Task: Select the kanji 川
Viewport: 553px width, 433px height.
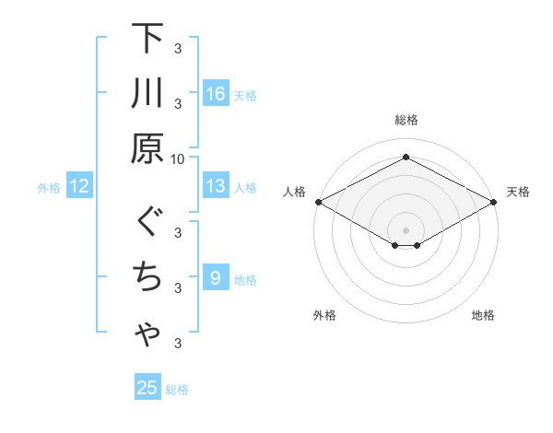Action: [x=147, y=93]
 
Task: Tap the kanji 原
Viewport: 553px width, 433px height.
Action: [x=147, y=147]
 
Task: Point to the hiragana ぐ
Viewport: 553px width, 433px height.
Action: [x=147, y=223]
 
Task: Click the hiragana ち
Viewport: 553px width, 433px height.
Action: [x=147, y=276]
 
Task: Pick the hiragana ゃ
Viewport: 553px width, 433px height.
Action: [x=147, y=335]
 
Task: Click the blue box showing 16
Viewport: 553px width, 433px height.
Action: [x=216, y=93]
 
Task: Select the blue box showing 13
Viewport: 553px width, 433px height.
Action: [x=216, y=187]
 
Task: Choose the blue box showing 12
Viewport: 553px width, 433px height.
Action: [x=78, y=187]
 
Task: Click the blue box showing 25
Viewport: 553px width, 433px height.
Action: [x=147, y=388]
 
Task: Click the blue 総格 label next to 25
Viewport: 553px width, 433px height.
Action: [x=177, y=390]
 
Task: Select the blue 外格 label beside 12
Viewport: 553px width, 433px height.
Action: [x=49, y=188]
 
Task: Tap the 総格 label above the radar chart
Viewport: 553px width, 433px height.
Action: [x=406, y=120]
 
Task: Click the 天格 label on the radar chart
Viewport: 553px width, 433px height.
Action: [x=518, y=193]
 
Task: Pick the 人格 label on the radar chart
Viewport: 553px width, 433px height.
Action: [x=294, y=193]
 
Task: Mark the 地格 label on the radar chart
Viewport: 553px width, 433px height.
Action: [x=483, y=316]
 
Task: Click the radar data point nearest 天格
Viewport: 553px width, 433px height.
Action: [x=495, y=202]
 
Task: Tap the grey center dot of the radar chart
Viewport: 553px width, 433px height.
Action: [x=406, y=229]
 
